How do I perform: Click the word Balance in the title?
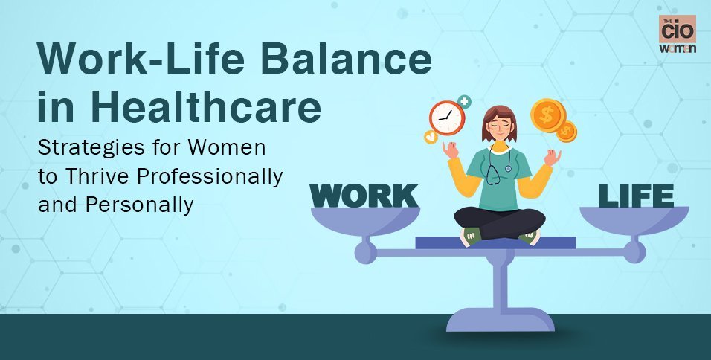[x=346, y=59]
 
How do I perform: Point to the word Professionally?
[x=210, y=177]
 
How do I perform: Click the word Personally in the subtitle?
[x=139, y=205]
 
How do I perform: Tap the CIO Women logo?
[x=678, y=34]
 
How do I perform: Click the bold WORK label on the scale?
[x=364, y=196]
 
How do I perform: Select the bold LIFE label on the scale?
[x=636, y=196]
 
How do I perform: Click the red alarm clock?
[x=447, y=118]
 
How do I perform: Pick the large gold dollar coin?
[x=548, y=115]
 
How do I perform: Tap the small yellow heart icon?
[x=431, y=137]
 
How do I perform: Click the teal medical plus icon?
[x=464, y=102]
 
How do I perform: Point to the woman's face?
[x=499, y=125]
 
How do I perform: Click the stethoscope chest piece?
[x=508, y=169]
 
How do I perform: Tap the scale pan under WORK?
[x=365, y=221]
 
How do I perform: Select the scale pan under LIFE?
[x=634, y=220]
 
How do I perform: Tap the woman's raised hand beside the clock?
[x=450, y=150]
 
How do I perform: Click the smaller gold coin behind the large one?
[x=567, y=132]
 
